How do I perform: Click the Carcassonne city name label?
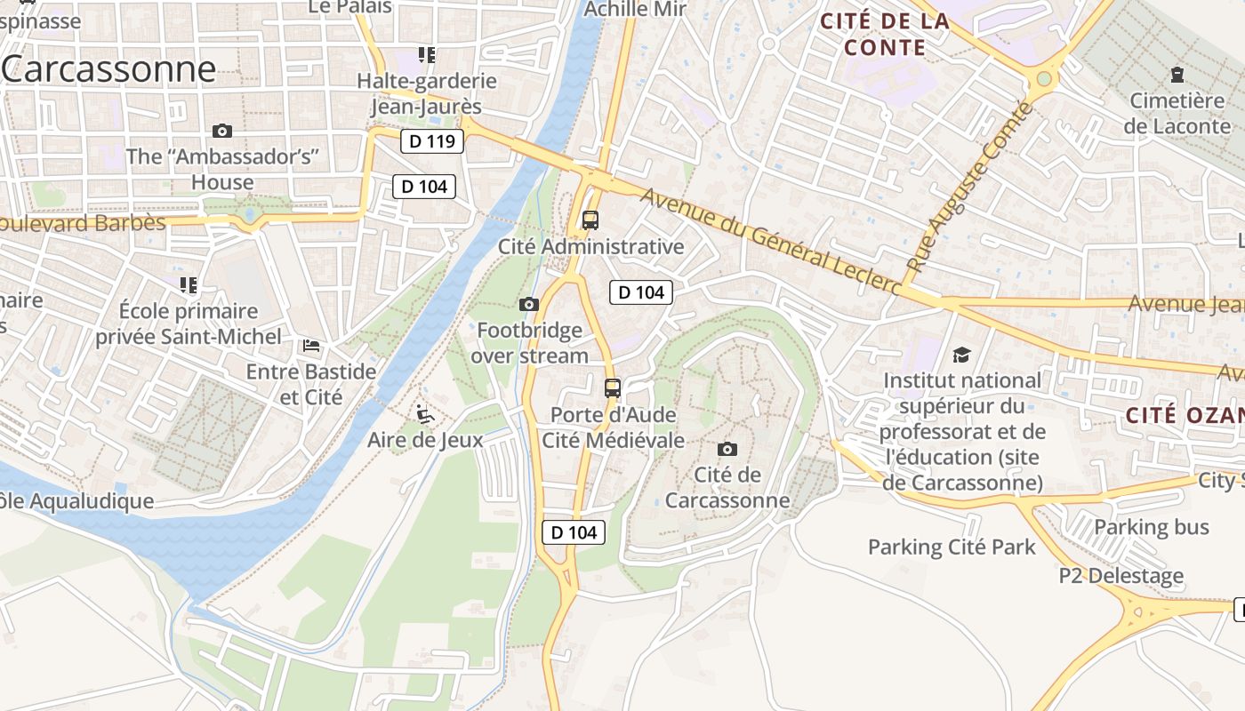point(109,69)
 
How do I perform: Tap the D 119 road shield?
point(432,141)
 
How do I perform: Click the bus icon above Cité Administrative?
point(590,220)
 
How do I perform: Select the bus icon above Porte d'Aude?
point(613,387)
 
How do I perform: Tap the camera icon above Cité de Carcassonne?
point(727,449)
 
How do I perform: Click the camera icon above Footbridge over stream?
point(529,305)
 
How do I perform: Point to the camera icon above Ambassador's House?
point(222,132)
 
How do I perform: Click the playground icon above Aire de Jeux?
point(425,414)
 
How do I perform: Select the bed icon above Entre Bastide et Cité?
point(311,346)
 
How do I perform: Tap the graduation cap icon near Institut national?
point(961,355)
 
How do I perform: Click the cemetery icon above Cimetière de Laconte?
point(1177,75)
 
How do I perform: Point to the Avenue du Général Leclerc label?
point(769,239)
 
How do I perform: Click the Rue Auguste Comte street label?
point(971,187)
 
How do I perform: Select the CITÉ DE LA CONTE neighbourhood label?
point(885,34)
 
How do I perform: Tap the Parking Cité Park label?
point(952,547)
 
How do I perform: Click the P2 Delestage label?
point(1120,575)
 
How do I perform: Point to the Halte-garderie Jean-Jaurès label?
point(426,93)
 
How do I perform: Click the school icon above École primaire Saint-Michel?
point(189,285)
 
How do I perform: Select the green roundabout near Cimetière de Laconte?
point(1044,79)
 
